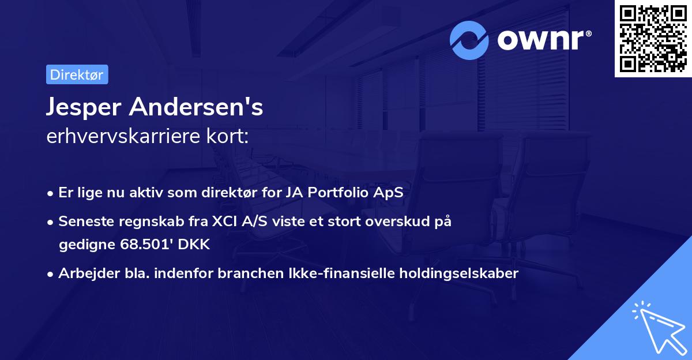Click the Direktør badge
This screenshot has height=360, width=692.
point(77,75)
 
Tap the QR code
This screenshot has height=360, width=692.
point(653,39)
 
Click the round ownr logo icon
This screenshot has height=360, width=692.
point(469,40)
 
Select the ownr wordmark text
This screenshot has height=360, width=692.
point(543,40)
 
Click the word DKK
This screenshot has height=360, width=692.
point(194,244)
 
